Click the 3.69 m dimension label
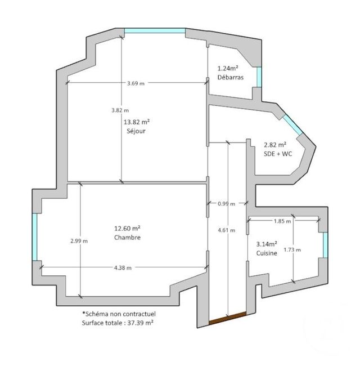pyautogui.click(x=136, y=84)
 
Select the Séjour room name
pyautogui.click(x=136, y=132)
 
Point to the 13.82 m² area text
pyautogui.click(x=137, y=122)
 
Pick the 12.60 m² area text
pyautogui.click(x=127, y=228)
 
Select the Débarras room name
pyautogui.click(x=231, y=78)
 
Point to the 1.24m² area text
pyautogui.click(x=229, y=68)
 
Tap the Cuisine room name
pyautogui.click(x=267, y=254)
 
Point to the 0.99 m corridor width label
pyautogui.click(x=227, y=203)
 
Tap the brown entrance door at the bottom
pyautogui.click(x=227, y=318)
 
